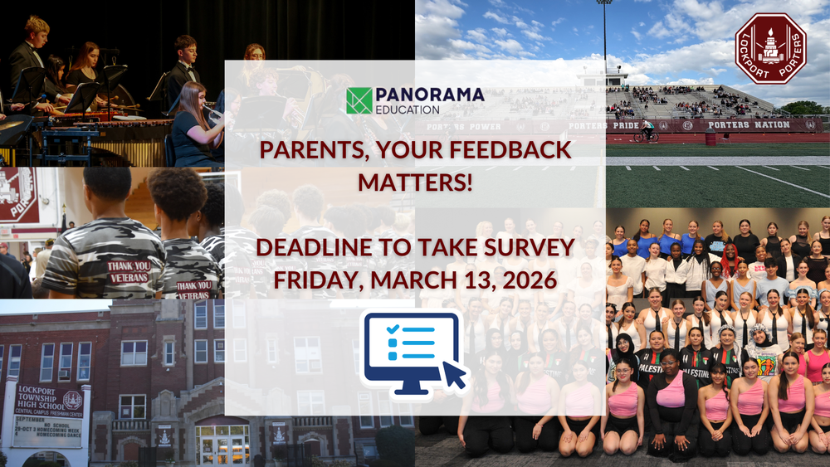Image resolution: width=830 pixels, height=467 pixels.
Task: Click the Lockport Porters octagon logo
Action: pyautogui.click(x=770, y=49)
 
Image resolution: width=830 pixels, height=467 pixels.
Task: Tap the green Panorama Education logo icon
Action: pyautogui.click(x=359, y=100)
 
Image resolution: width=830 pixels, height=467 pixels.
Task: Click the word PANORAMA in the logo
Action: pyautogui.click(x=429, y=95)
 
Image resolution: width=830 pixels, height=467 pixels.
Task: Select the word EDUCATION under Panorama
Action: pyautogui.click(x=407, y=109)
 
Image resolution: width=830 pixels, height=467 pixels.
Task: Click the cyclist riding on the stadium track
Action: pyautogui.click(x=647, y=130)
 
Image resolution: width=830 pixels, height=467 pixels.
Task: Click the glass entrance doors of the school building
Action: pyautogui.click(x=222, y=445)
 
